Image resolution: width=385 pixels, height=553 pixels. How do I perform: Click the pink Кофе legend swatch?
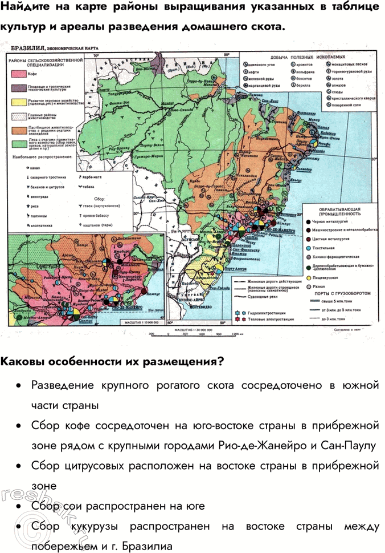pyautogui.click(x=17, y=75)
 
